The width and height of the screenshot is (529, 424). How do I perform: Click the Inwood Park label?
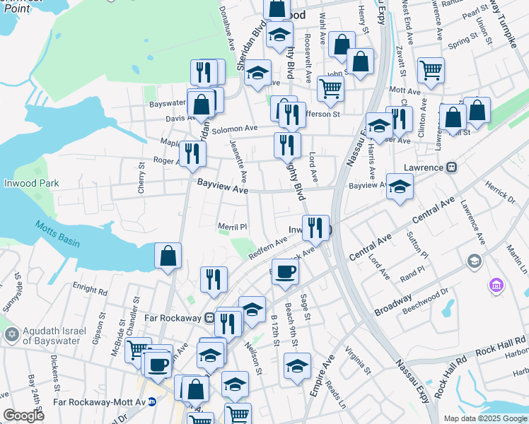[29, 183]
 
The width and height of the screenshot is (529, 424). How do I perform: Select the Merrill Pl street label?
[231, 227]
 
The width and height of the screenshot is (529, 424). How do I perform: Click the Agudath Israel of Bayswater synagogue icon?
[11, 333]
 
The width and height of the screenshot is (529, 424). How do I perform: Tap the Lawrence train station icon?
[450, 167]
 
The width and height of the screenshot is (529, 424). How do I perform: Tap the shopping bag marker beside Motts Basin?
[168, 256]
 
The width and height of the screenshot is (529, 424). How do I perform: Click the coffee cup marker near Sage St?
[285, 273]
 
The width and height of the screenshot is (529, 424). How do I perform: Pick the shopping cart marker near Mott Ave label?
[430, 70]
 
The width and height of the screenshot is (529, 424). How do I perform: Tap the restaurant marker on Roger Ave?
[192, 153]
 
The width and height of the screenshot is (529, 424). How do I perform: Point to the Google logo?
[24, 415]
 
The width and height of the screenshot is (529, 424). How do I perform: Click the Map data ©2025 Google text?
[485, 418]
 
